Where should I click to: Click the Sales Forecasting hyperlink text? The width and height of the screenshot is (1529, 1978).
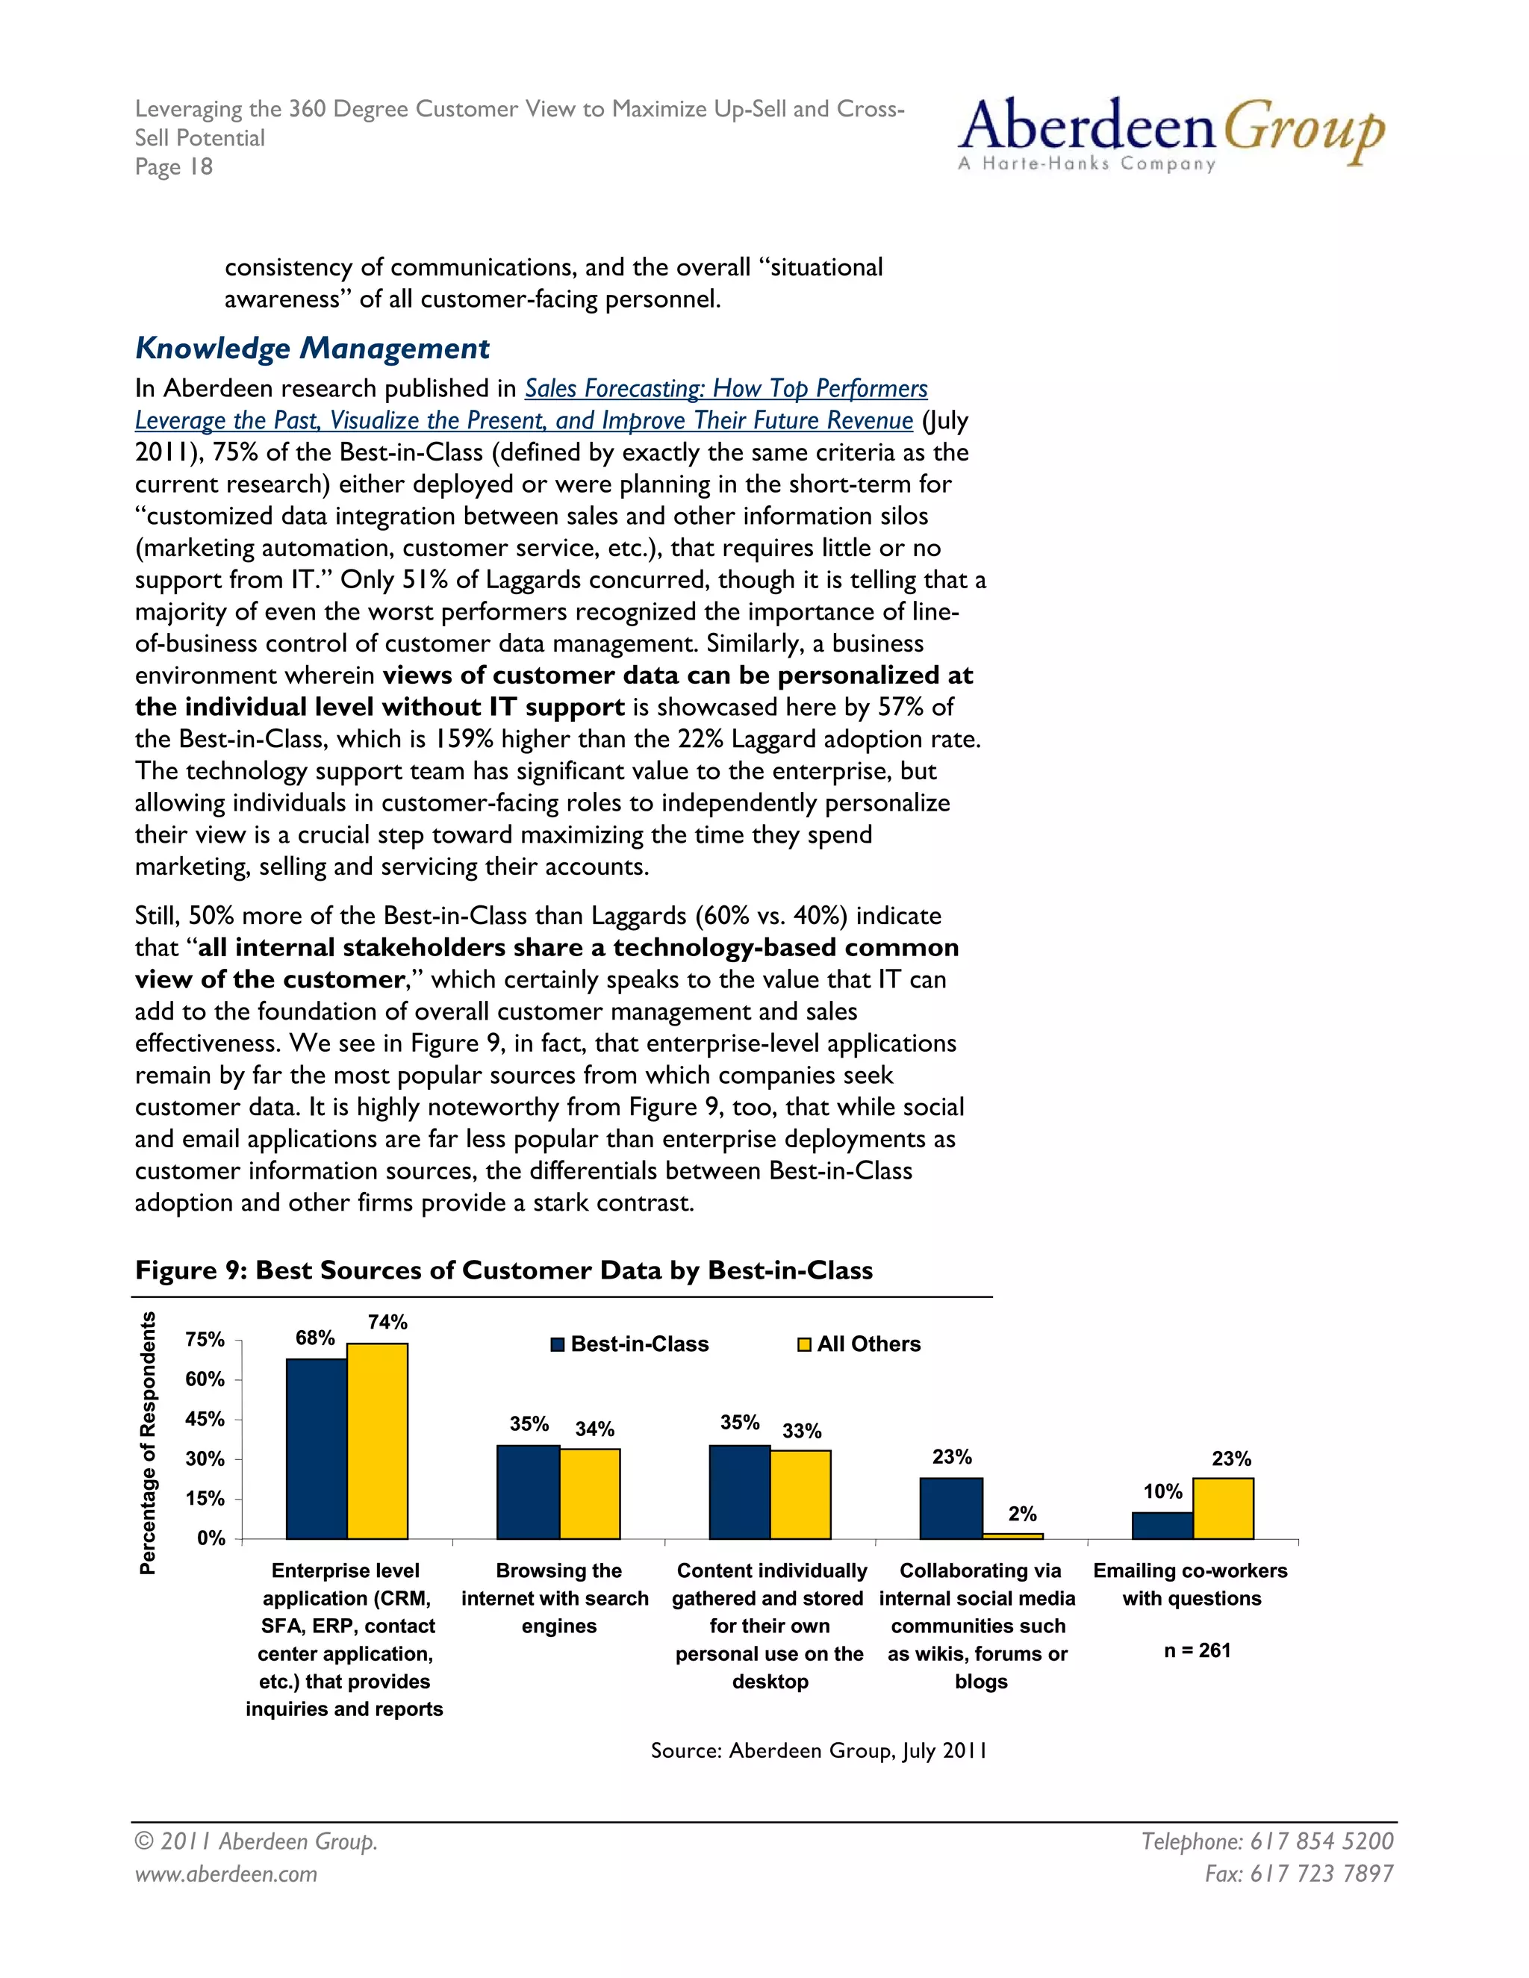pos(726,389)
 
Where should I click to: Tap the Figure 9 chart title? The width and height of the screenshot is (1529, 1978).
pos(504,1270)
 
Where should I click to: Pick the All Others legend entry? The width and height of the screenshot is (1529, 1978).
pos(859,1344)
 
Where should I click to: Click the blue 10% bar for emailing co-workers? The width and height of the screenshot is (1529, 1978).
pos(1162,1526)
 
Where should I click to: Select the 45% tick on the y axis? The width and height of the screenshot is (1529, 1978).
pos(205,1419)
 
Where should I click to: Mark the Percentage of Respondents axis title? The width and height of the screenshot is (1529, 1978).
pos(148,1444)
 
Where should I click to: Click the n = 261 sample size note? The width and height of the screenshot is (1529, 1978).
pos(1197,1650)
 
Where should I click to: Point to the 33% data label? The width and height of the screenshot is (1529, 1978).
pos(802,1431)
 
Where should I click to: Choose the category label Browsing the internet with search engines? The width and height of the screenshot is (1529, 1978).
pos(555,1599)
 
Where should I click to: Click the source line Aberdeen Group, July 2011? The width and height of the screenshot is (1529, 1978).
pos(819,1750)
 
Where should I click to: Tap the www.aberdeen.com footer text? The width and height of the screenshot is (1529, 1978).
pos(226,1874)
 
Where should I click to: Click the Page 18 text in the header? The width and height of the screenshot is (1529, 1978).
pos(174,166)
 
